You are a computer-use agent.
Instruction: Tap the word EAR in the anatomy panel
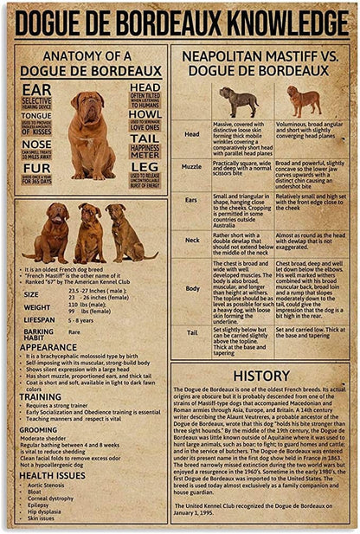[x=37, y=89]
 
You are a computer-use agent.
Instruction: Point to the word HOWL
[x=145, y=113]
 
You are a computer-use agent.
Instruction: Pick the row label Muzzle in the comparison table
[x=191, y=166]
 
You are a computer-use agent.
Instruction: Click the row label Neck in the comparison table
[x=191, y=240]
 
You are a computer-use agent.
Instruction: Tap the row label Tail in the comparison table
[x=191, y=331]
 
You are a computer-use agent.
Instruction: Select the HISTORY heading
[x=260, y=376]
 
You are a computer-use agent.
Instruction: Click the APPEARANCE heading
[x=48, y=346]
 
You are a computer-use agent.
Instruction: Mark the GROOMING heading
[x=39, y=429]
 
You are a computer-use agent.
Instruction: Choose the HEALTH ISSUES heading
[x=52, y=475]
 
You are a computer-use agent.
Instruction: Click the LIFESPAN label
[x=39, y=318]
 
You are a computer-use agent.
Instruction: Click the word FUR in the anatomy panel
[x=36, y=168]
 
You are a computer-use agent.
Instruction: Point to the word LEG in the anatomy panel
[x=145, y=167]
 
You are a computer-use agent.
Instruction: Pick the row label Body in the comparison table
[x=191, y=288]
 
